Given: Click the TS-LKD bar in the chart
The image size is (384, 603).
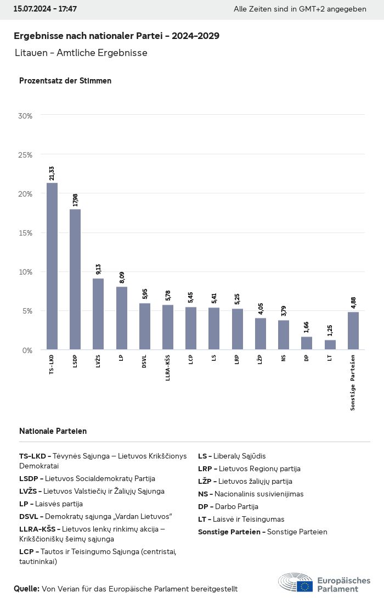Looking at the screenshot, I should (52, 266).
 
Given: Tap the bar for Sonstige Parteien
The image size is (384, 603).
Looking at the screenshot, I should (353, 331).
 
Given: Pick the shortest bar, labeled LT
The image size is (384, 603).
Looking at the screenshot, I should (330, 345).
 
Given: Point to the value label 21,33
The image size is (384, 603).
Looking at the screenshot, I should (52, 174).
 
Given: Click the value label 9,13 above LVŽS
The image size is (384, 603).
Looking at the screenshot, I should (98, 269).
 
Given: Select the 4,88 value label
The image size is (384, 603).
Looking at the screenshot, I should (353, 303).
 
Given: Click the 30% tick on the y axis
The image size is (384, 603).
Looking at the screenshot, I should (26, 116).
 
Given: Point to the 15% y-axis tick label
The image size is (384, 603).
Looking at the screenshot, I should (26, 233).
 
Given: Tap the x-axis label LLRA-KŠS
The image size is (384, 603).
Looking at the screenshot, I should (168, 368).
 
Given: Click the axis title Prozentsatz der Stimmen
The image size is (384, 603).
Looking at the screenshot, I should (65, 81).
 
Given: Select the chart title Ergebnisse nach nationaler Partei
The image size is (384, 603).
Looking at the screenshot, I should (116, 36).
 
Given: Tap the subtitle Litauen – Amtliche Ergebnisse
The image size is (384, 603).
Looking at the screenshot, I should (82, 53).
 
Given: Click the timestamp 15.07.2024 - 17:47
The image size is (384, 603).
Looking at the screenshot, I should (46, 9).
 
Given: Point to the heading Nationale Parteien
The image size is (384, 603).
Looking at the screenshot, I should (53, 431).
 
